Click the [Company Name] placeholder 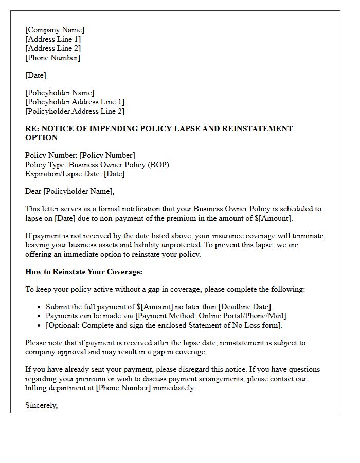55,30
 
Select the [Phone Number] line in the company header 52,58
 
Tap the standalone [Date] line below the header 35,75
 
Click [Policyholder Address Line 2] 75,111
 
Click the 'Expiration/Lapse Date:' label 63,174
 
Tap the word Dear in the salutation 33,191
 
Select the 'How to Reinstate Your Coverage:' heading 84,272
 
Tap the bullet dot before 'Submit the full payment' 40,307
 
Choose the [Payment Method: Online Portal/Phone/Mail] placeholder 211,316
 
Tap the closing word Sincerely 41,405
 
